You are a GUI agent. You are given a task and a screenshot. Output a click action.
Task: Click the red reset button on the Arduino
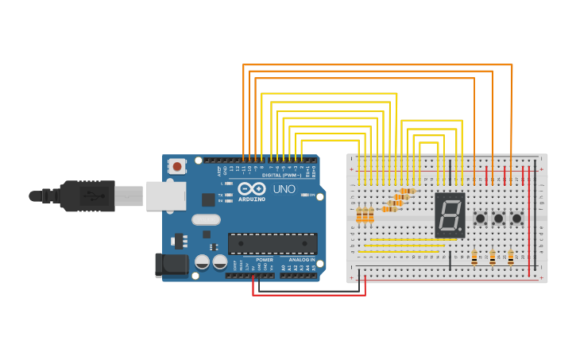(176, 167)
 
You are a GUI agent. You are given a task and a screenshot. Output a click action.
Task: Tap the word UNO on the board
(284, 189)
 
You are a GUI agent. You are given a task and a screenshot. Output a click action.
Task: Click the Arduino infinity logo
(252, 189)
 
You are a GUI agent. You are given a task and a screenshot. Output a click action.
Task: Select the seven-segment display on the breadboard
(450, 215)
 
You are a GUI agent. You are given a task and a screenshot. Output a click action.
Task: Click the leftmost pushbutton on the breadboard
(480, 218)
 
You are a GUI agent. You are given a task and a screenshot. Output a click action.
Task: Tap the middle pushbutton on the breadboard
(498, 218)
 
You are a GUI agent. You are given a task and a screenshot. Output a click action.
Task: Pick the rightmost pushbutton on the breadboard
(516, 218)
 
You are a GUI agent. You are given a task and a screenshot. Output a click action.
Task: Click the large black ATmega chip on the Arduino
(273, 243)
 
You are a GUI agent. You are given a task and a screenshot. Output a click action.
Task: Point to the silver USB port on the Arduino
(165, 195)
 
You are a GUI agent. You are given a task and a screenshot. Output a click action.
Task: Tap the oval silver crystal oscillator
(206, 220)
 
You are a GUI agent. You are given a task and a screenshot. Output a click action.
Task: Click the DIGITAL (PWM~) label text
(282, 175)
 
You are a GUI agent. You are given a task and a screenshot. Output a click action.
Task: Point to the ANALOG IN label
(301, 260)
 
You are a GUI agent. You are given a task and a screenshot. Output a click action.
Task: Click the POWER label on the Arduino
(265, 260)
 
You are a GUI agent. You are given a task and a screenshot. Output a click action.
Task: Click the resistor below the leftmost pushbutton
(474, 257)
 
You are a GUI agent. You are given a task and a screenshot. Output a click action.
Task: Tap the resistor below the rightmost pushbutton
(511, 257)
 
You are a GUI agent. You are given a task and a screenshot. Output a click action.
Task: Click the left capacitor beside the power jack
(203, 261)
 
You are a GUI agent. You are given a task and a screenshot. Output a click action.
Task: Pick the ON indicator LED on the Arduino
(304, 195)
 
